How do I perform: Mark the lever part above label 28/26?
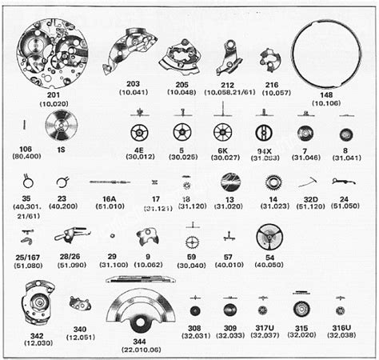[x=67, y=236]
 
